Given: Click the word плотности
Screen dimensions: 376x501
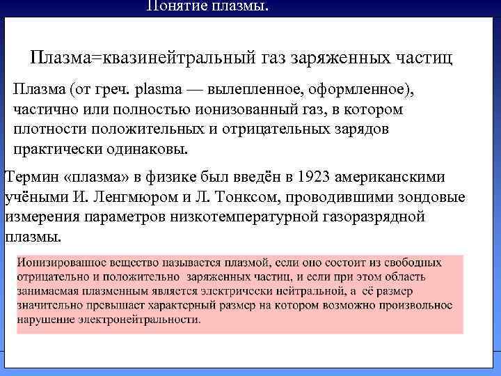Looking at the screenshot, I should [x=45, y=130].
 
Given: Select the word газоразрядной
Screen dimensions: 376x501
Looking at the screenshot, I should [x=374, y=217].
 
